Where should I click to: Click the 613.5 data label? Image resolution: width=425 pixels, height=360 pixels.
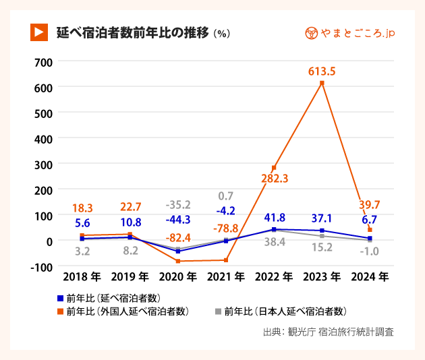(321, 71)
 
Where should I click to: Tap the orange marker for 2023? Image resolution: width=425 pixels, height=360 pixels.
(322, 83)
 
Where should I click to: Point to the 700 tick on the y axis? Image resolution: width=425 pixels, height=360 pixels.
(42, 62)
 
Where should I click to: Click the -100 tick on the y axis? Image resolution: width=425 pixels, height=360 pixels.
(41, 266)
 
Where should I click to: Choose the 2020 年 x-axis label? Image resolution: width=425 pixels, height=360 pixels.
(178, 276)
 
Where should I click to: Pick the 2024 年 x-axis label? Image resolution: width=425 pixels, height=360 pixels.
(370, 276)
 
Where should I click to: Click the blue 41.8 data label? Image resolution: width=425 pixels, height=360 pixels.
(274, 218)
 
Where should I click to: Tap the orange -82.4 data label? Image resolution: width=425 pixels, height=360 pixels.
(178, 238)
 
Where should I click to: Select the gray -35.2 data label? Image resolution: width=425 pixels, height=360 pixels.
(178, 204)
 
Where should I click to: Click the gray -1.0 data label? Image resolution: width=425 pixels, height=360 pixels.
(369, 251)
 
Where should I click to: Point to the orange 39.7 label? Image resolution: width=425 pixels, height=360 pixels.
(370, 205)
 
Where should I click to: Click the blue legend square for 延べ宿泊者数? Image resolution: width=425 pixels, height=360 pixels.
(60, 297)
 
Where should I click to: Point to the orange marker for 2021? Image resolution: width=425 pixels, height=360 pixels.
(225, 260)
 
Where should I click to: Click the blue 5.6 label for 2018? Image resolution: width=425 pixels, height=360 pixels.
(82, 222)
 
